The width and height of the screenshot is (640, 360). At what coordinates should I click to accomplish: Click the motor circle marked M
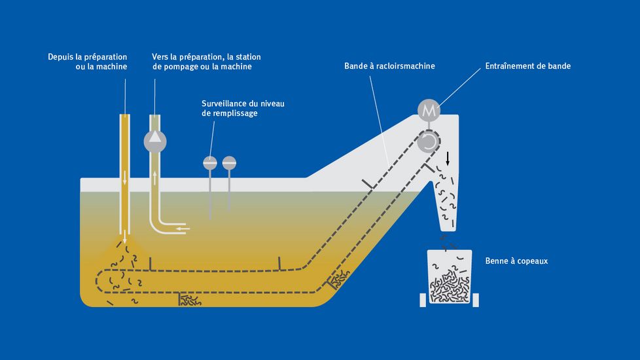429,111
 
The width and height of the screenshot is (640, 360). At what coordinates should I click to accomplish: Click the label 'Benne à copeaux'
516,261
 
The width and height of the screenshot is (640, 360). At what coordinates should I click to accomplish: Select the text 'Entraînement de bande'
528,66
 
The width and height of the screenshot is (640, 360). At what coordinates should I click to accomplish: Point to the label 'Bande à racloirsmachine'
389,66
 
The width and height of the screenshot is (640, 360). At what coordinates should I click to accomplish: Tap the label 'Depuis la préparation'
88,57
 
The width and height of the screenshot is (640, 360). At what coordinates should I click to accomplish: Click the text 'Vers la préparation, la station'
206,57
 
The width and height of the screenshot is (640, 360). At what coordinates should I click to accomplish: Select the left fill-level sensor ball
210,162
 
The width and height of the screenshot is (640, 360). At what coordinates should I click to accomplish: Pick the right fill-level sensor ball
229,162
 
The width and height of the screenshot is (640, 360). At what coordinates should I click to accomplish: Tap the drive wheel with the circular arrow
429,141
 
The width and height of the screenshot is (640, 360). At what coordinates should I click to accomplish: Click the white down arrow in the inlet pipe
125,177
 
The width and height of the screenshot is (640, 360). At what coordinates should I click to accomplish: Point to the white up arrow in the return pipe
155,177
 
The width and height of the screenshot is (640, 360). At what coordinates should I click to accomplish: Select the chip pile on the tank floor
190,300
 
